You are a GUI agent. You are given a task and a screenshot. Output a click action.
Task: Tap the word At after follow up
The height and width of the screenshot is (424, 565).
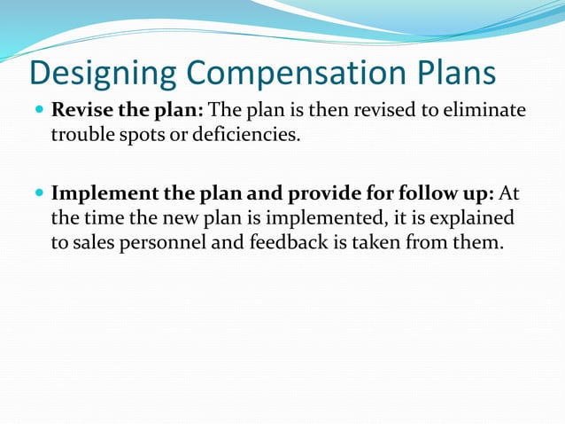(510, 193)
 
